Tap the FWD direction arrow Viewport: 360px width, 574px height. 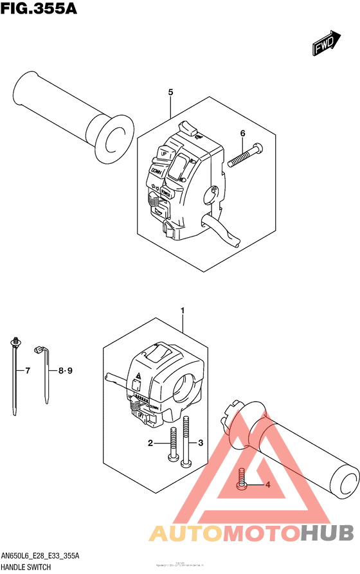click(x=326, y=43)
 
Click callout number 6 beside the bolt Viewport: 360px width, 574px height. click(x=242, y=134)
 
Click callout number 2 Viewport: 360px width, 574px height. click(x=150, y=444)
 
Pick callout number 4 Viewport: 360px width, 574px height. click(x=267, y=485)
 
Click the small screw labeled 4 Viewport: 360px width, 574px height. click(x=241, y=480)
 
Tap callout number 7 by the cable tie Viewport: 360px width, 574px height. click(x=27, y=371)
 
